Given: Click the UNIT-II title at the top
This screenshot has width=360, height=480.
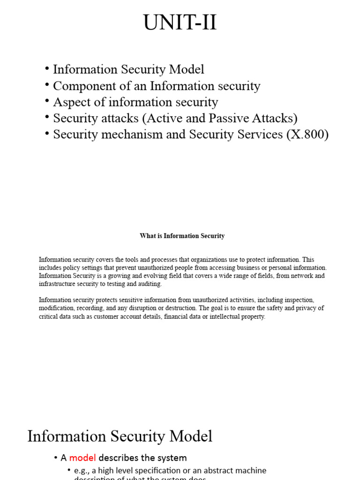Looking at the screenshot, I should (x=180, y=22).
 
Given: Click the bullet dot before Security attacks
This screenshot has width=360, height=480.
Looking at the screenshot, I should (x=47, y=117).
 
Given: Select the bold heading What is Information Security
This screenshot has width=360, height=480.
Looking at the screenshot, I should (x=182, y=236).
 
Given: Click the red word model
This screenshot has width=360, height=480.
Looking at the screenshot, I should (x=82, y=457).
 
